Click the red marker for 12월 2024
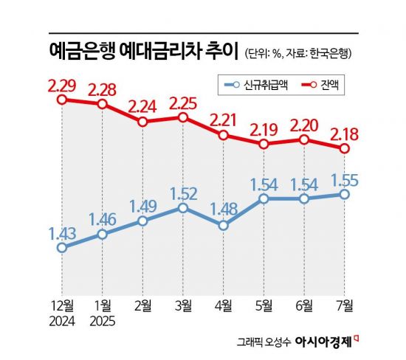[62, 100]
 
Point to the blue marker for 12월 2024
[62, 247]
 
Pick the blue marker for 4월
[223, 224]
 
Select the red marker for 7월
[344, 148]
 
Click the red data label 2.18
[344, 132]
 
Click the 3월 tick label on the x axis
[182, 305]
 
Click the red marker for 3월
[183, 117]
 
